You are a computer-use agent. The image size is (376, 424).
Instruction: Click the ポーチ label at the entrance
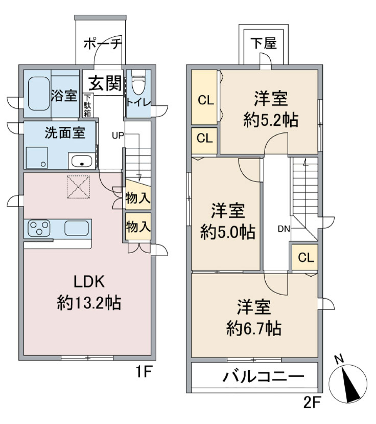coord(103,43)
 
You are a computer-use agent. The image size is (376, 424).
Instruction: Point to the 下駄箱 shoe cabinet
coord(88,105)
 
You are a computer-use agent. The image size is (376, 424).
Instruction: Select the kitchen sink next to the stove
coord(77,228)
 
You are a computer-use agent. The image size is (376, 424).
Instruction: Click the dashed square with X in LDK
coord(78,187)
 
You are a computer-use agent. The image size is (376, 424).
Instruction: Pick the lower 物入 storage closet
coord(138,226)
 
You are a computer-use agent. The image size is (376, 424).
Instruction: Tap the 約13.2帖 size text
coord(89,303)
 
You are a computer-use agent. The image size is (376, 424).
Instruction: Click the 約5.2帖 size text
coord(271,120)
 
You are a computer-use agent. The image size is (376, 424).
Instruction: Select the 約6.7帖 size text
coord(253,328)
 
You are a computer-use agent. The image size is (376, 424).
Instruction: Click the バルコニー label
coord(264,377)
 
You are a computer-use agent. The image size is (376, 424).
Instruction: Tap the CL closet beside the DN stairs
coord(305,257)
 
